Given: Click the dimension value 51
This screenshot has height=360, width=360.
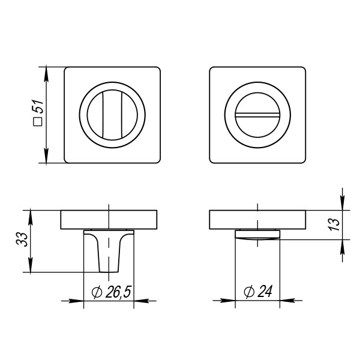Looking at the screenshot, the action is [x=38, y=107].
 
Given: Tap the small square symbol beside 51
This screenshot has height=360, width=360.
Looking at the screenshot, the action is [x=38, y=121].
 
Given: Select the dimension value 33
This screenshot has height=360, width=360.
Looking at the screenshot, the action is [x=22, y=239].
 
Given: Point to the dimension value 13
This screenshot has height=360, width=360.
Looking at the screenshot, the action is [x=334, y=225].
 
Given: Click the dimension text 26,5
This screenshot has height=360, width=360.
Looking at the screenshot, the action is [x=118, y=292].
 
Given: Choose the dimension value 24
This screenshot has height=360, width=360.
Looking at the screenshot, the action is [x=265, y=292].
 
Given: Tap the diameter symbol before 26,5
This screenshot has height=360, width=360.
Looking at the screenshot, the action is [x=97, y=292].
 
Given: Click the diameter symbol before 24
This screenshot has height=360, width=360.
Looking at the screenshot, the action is [x=249, y=292].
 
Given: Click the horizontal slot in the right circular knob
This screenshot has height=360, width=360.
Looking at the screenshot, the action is [x=257, y=115].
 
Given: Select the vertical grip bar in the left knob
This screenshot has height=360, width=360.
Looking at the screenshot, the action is [x=112, y=115].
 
